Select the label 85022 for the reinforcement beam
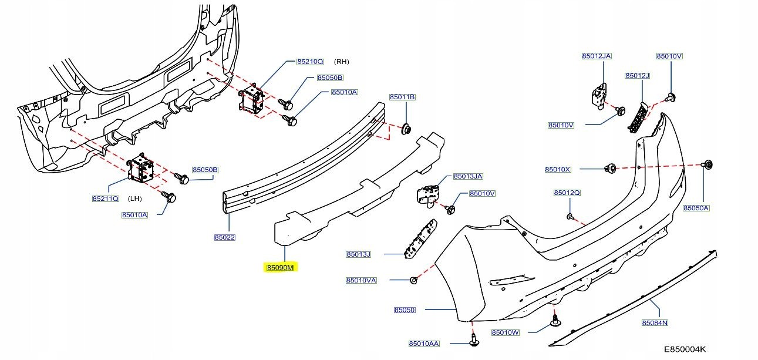(224, 238)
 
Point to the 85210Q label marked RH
(310, 61)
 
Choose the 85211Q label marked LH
(105, 199)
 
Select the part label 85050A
(696, 208)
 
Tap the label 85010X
(558, 169)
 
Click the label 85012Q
(567, 193)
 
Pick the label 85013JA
(468, 176)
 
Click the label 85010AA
(424, 344)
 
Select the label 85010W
(506, 332)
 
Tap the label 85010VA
(361, 281)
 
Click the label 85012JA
(597, 56)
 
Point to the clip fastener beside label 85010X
(610, 169)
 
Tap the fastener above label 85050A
(709, 164)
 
